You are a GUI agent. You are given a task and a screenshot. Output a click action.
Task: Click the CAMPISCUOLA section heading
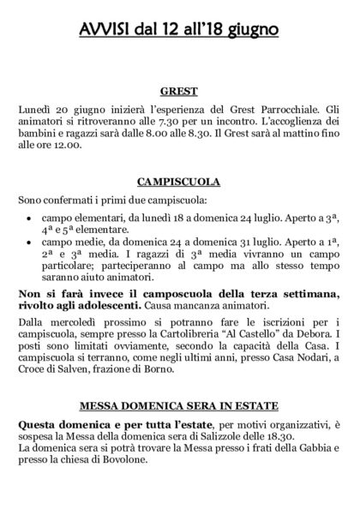coord(179,182)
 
